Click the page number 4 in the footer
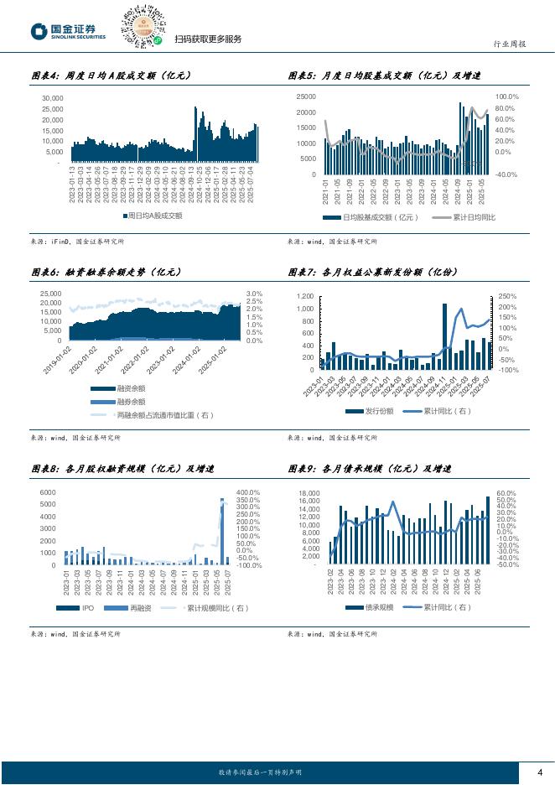[x=540, y=772]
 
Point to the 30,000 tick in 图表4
[x=52, y=98]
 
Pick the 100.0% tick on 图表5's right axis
[x=508, y=96]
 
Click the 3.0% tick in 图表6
[x=254, y=294]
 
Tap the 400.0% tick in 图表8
[x=249, y=492]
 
